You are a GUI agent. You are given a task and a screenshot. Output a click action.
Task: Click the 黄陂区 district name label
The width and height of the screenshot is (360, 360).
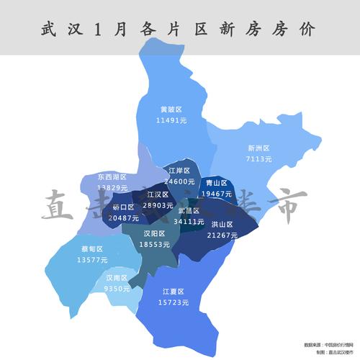click(171, 109)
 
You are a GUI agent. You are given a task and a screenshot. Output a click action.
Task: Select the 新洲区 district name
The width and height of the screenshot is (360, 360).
click(258, 148)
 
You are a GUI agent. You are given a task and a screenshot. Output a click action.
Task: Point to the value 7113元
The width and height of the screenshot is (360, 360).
click(258, 158)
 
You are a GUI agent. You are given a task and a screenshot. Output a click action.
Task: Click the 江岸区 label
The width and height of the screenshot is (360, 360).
click(179, 171)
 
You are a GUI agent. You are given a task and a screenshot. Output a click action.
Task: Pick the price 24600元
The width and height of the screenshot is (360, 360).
click(179, 181)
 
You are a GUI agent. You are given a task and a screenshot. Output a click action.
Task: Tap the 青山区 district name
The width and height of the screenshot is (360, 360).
click(216, 183)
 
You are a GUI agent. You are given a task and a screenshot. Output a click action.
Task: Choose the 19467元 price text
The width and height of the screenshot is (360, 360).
click(216, 194)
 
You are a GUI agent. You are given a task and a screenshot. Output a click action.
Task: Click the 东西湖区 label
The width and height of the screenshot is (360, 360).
click(112, 176)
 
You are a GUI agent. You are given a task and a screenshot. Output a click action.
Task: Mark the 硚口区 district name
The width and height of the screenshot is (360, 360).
click(124, 207)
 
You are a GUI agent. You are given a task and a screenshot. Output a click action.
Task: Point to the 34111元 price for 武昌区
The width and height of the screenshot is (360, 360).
click(189, 221)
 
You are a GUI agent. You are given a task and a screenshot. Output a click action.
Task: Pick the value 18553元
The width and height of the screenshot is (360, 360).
click(154, 245)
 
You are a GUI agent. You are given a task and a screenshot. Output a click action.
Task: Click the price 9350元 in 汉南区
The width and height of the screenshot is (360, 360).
click(117, 288)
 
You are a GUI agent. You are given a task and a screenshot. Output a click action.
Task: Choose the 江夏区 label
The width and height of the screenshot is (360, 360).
click(174, 292)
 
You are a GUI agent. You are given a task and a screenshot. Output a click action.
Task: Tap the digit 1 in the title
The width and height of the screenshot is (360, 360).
click(95, 29)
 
